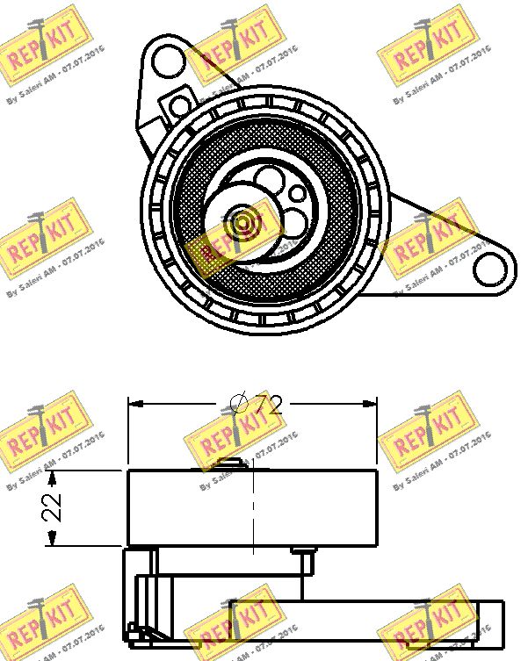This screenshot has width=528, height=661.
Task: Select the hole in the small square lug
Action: [181, 105]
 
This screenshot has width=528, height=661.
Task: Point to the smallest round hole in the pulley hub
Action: [299, 193]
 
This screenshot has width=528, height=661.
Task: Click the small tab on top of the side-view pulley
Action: [231, 464]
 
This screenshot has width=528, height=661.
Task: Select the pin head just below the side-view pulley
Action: [304, 552]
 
